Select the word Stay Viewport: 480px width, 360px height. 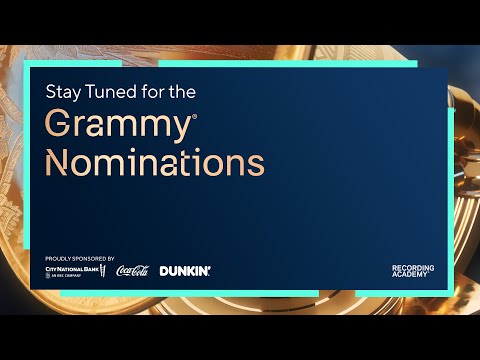coord(62,91)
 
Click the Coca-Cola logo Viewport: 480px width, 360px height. coord(132,271)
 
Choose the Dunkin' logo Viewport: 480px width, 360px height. coord(185,271)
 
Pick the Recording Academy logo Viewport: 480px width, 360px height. coord(412,271)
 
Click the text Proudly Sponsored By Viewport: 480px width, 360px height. coord(80,258)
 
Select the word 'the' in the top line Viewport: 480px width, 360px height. coord(180,91)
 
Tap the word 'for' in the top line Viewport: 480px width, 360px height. coord(149,91)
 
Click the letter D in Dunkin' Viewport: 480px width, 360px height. coord(164,271)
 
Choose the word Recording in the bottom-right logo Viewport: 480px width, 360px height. coord(412,267)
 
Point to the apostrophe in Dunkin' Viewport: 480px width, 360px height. coord(209,267)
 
